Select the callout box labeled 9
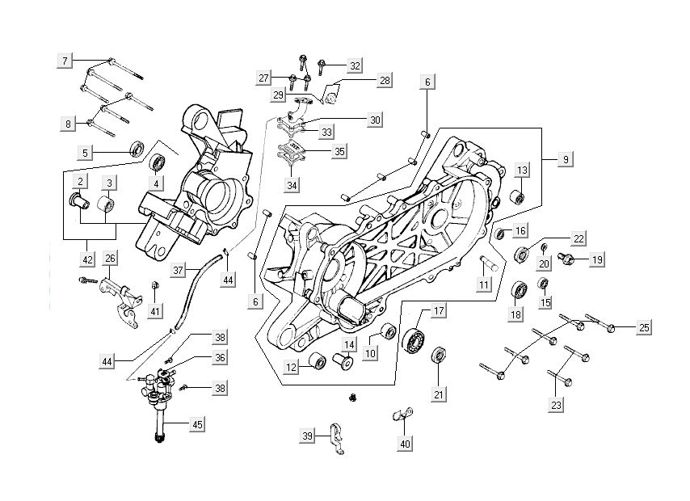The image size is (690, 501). pyautogui.click(x=566, y=160)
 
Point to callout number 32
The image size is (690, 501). pyautogui.click(x=354, y=65)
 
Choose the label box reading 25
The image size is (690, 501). pyautogui.click(x=643, y=327)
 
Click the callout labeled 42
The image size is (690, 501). pyautogui.click(x=87, y=259)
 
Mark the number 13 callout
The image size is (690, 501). pyautogui.click(x=523, y=170)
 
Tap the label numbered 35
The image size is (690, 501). pyautogui.click(x=316, y=151)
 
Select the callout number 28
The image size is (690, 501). pyautogui.click(x=384, y=80)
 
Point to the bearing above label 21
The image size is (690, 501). pyautogui.click(x=440, y=355)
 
